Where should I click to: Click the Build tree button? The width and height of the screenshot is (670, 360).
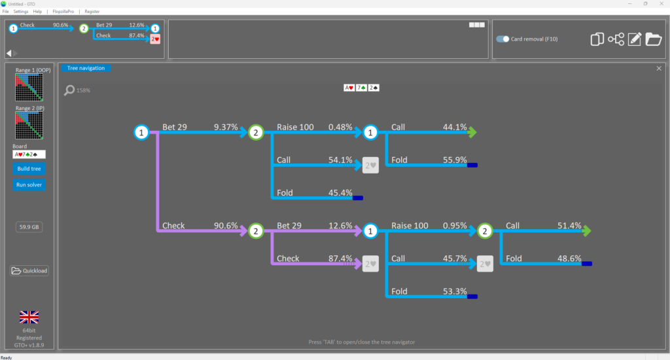[29, 168]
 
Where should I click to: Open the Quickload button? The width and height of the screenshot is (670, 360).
[29, 270]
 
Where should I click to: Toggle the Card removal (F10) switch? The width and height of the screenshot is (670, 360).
[502, 39]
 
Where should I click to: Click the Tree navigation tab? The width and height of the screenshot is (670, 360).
[86, 68]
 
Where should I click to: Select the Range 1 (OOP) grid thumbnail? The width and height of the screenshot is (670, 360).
[29, 87]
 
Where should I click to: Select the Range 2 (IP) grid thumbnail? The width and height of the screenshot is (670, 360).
[29, 125]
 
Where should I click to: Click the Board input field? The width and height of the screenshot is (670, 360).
[29, 154]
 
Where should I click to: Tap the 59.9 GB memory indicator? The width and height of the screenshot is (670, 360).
[29, 227]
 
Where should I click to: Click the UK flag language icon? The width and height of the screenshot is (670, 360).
[29, 317]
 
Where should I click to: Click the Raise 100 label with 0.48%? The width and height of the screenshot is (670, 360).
[295, 127]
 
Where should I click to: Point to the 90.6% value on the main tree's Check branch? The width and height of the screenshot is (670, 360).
[226, 225]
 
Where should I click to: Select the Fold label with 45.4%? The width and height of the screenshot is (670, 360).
[285, 193]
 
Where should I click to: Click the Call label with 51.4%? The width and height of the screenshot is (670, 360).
[513, 225]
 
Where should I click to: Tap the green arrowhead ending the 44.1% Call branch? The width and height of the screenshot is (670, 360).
[472, 132]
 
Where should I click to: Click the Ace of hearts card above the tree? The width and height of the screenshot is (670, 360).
[349, 88]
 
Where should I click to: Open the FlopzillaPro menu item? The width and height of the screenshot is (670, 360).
[63, 12]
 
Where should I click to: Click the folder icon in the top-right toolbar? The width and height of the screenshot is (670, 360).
[654, 39]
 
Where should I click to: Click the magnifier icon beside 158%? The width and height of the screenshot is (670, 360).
[69, 90]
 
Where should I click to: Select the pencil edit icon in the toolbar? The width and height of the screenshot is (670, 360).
[635, 39]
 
